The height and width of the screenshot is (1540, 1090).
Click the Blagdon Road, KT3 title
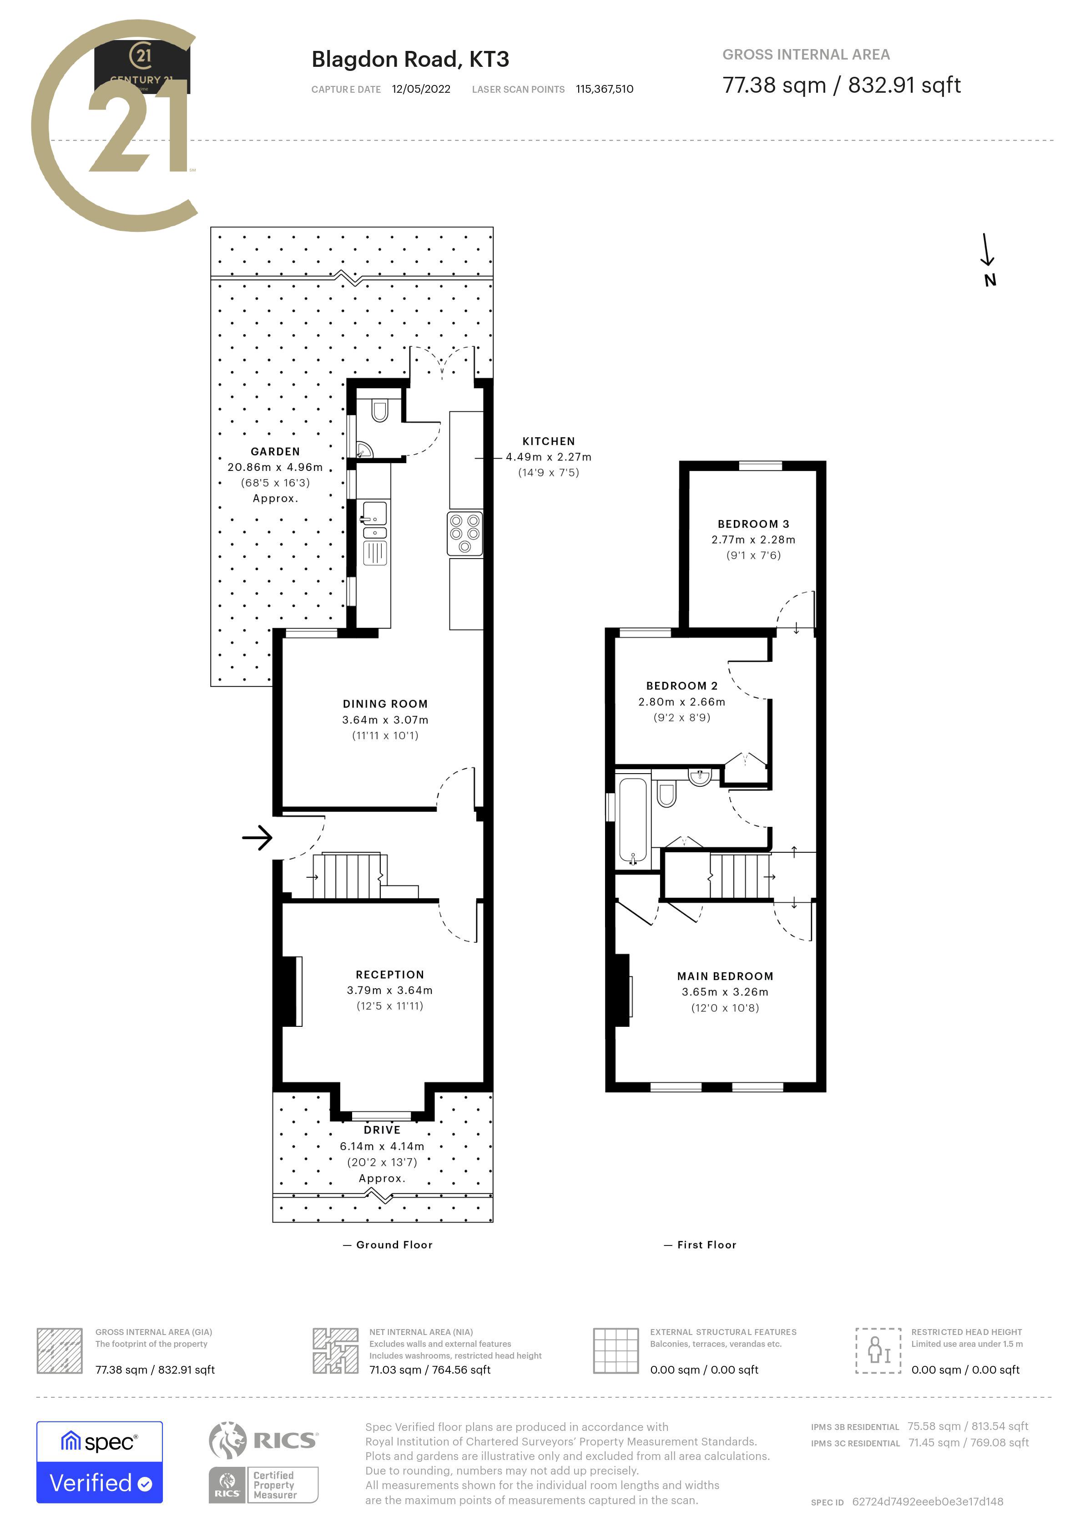pos(410,60)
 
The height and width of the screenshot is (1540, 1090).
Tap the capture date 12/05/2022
pos(421,89)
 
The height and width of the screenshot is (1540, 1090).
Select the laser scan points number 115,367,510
pos(604,89)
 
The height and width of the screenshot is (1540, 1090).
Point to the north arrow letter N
pos(990,280)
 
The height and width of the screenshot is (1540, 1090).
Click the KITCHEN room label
pos(548,441)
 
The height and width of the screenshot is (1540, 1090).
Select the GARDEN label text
pos(275,451)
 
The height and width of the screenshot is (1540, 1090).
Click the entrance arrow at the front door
pos(257,837)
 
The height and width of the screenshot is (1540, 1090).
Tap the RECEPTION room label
pos(390,975)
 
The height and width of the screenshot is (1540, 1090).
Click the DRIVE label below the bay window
pos(382,1130)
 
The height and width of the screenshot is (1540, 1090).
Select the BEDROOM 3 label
pos(753,524)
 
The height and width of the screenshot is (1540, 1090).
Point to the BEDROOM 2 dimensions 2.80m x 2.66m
pos(681,701)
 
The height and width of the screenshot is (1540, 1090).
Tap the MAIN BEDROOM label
pos(725,976)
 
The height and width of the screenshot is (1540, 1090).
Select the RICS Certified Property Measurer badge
pos(264,1485)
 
